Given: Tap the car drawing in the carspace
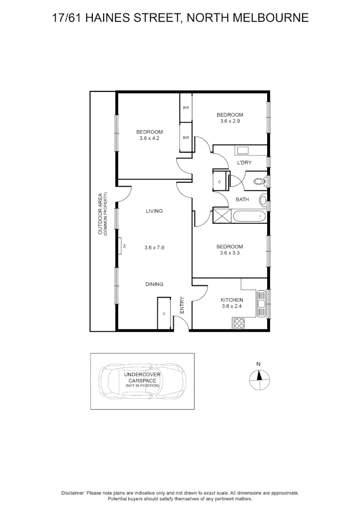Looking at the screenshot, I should (x=142, y=381).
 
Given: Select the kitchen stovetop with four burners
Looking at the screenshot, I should (x=239, y=323).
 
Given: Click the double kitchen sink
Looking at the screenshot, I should (x=262, y=304).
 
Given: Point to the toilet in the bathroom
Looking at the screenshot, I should (x=259, y=181).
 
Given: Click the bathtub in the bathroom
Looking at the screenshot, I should (x=248, y=216).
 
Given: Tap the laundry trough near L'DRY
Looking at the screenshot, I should (x=244, y=151).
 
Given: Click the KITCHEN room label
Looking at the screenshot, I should (x=232, y=300).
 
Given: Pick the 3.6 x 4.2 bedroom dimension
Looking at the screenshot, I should (x=150, y=138).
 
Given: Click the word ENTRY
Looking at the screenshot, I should (x=182, y=305).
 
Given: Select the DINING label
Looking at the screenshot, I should (x=154, y=284).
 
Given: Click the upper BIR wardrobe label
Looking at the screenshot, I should (x=186, y=108).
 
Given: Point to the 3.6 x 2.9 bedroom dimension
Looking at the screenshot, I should (x=230, y=121).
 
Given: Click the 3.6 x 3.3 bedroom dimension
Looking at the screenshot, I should (x=230, y=253).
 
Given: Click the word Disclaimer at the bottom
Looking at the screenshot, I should (x=73, y=493).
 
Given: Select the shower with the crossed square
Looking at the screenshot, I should (x=221, y=216).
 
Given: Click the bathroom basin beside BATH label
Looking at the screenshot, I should (x=263, y=200).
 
